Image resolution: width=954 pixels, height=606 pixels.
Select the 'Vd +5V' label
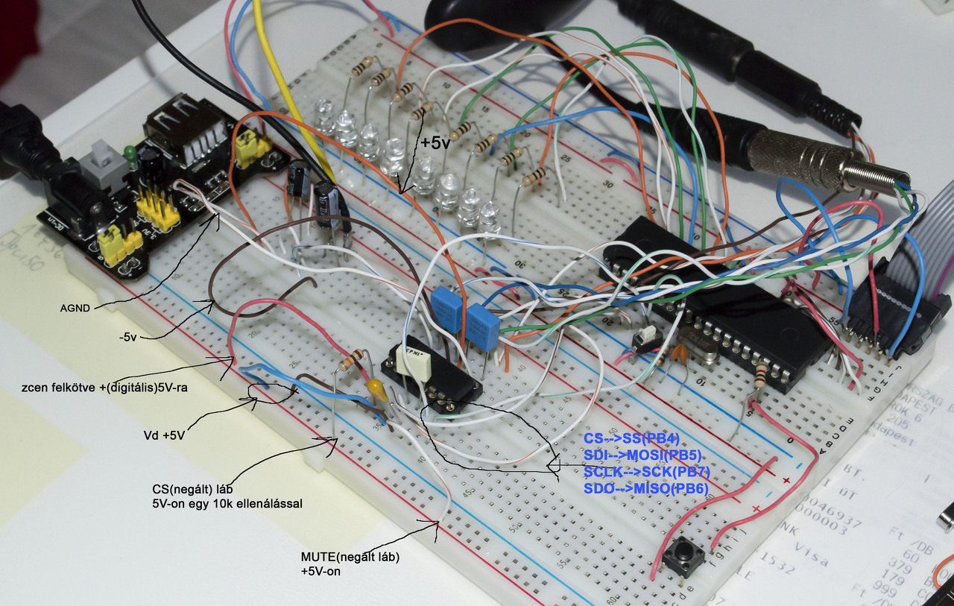tap(163, 435)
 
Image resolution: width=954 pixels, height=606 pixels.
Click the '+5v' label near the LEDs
tap(435, 142)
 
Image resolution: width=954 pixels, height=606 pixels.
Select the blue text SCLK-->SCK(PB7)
tap(646, 472)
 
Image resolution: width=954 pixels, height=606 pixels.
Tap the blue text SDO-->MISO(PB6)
tap(645, 488)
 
